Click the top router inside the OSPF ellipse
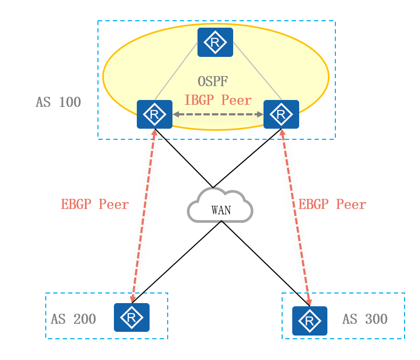point(215,42)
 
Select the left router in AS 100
point(154,114)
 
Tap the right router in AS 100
point(281,114)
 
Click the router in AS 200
point(131,317)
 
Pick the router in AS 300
point(310,321)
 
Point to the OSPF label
point(213,82)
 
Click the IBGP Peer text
point(218,100)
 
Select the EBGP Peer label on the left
point(95,205)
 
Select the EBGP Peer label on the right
point(332,205)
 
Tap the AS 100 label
point(59,103)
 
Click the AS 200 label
point(73,320)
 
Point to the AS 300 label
point(365,320)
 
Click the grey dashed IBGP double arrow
point(218,114)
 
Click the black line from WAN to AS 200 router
point(176,261)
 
